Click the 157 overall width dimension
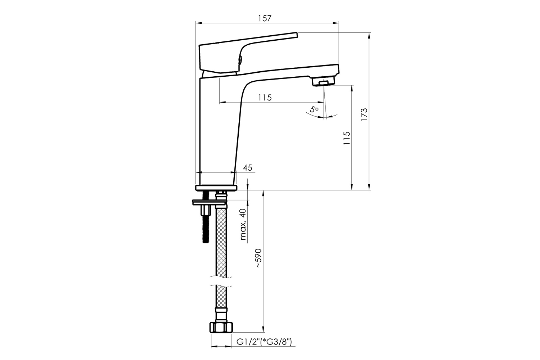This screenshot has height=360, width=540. (265, 18)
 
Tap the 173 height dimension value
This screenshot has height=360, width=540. (364, 114)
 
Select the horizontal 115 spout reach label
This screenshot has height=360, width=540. (265, 98)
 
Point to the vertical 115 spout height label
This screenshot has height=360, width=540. (347, 138)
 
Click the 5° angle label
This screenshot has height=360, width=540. (314, 109)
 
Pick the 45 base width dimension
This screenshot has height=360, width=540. (248, 168)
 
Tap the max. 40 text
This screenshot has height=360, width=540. (243, 225)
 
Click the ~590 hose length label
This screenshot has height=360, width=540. (258, 258)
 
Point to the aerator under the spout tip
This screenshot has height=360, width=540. (323, 81)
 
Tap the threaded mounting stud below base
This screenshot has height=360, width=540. (206, 217)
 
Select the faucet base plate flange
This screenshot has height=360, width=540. (216, 188)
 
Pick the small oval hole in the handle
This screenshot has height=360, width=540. (240, 59)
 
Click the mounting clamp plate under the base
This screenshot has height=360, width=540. (210, 203)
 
